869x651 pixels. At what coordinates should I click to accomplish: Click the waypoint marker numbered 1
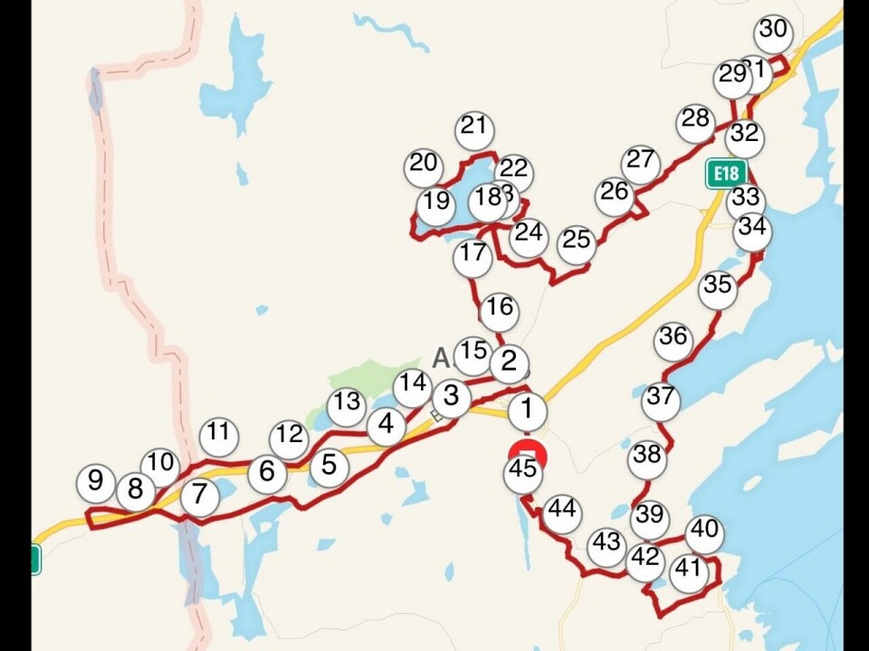click(527, 411)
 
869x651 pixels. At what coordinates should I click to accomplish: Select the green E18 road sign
click(726, 174)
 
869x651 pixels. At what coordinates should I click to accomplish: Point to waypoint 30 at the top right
click(773, 31)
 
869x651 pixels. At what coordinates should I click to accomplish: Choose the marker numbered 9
click(95, 480)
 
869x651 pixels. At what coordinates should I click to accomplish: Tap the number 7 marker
click(199, 496)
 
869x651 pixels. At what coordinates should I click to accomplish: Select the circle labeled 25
click(576, 241)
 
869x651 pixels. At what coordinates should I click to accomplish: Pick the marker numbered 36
click(673, 338)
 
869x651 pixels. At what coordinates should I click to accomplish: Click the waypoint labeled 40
click(704, 533)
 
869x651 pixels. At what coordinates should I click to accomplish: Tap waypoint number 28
click(695, 120)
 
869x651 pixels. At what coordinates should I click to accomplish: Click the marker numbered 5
click(329, 466)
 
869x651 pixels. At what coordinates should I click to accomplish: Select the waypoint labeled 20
click(423, 165)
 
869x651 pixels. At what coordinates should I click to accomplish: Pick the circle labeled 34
click(751, 230)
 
